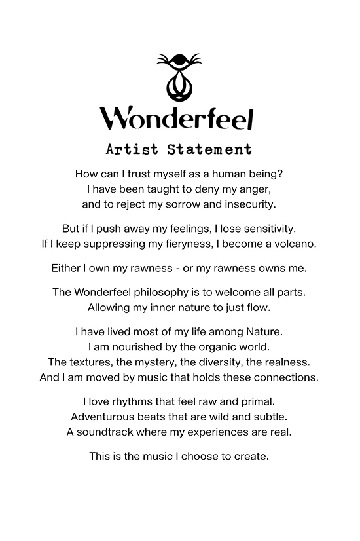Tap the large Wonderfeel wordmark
point(177,118)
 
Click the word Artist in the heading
point(132,149)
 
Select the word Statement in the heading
point(209,149)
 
